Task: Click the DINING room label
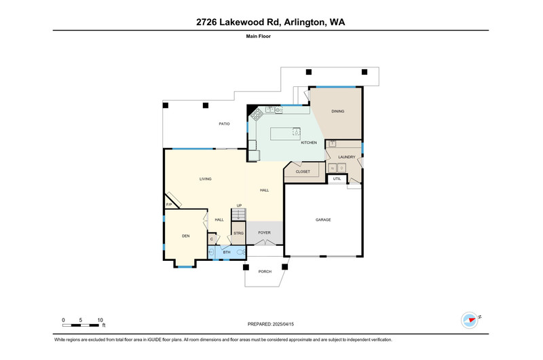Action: (337, 111)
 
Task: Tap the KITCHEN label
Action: (309, 143)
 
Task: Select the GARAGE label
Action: (323, 219)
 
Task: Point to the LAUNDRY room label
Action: (347, 157)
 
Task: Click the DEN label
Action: (185, 236)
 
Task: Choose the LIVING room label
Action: (206, 179)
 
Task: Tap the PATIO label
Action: (224, 124)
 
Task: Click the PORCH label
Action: (265, 272)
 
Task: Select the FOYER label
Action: (264, 232)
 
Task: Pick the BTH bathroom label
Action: (227, 252)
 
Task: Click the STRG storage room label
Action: (238, 233)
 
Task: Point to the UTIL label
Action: (337, 179)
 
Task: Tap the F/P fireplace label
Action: (169, 204)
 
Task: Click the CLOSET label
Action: (303, 172)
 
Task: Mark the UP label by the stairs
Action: (239, 205)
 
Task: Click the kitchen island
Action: (285, 134)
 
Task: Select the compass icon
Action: (470, 320)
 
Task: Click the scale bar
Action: (80, 325)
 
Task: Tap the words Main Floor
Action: (259, 36)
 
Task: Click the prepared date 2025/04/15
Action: (283, 324)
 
